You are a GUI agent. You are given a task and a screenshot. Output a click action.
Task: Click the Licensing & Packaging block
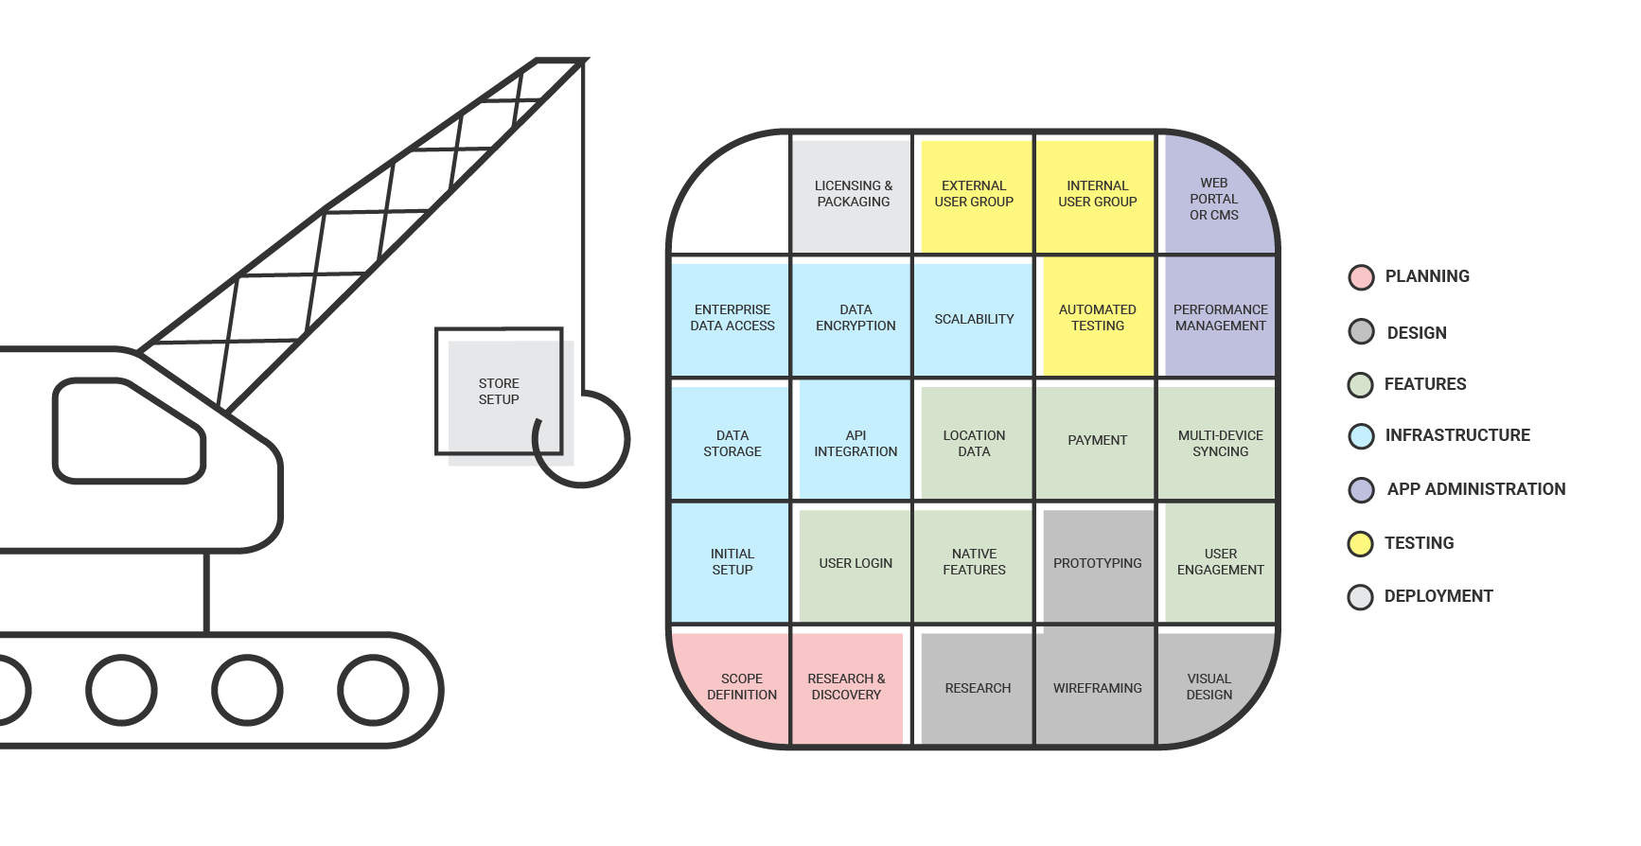[x=852, y=194]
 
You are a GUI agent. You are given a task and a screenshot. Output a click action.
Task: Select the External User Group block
[x=974, y=194]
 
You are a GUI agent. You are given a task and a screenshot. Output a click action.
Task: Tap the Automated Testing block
[x=1097, y=318]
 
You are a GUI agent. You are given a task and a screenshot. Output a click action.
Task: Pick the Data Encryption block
[x=855, y=318]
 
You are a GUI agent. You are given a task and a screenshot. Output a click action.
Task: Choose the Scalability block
[x=974, y=319]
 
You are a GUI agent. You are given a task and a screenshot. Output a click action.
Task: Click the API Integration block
[x=855, y=443]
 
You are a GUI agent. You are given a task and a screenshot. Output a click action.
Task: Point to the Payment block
[x=1097, y=440]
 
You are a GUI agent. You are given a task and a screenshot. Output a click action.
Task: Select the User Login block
[x=855, y=563]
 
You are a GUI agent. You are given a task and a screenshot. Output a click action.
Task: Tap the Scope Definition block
[x=741, y=686]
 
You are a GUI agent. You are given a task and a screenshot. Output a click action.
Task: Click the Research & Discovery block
[x=846, y=686]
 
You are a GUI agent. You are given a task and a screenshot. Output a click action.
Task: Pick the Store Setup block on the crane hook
[x=499, y=392]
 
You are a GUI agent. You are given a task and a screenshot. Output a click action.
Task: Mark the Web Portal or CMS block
[x=1216, y=199]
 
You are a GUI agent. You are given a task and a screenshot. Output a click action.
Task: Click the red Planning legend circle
[x=1361, y=277]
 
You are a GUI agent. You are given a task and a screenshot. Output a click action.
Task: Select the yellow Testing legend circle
[x=1361, y=544]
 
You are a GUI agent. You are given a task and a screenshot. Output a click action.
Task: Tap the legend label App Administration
[x=1475, y=489]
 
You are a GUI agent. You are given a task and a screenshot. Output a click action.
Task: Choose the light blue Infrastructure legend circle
[x=1361, y=436]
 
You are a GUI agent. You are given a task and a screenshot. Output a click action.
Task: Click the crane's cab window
[x=128, y=431]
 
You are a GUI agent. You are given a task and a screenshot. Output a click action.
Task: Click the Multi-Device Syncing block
[x=1220, y=443]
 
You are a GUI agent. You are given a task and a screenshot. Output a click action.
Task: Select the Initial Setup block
[x=732, y=562]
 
